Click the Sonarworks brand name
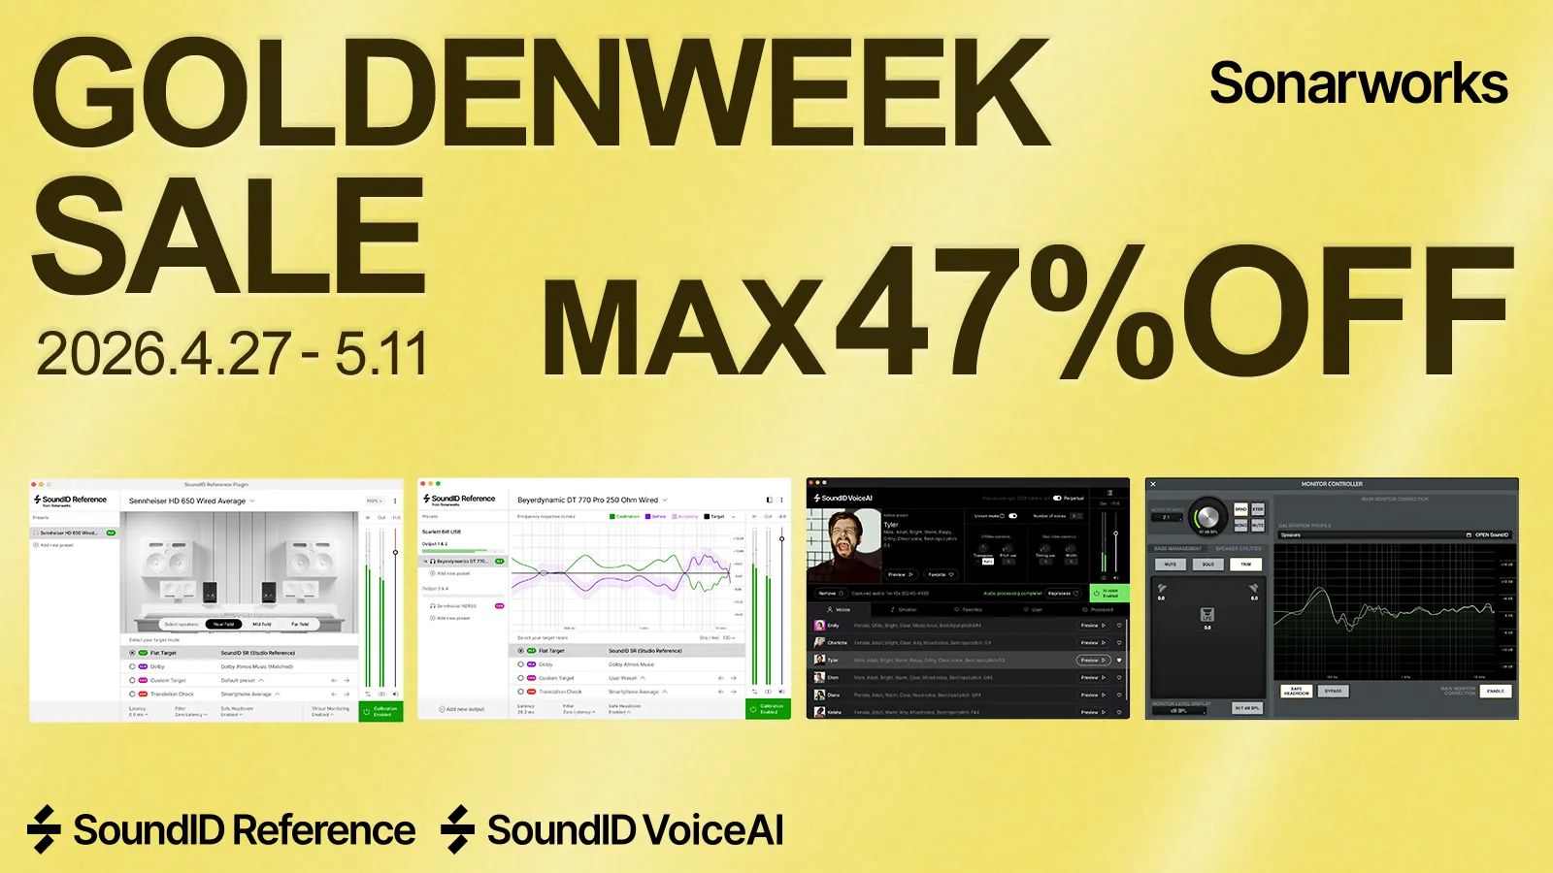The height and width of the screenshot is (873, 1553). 1358,84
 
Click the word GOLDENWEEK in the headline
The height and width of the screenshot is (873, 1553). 541,95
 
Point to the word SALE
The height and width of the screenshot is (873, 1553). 229,238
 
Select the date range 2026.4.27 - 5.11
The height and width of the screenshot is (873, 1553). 232,354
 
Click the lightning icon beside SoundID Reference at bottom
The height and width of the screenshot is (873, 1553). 44,830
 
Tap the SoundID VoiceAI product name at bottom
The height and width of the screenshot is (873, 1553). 635,831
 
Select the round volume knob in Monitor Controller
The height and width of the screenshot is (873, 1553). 1207,516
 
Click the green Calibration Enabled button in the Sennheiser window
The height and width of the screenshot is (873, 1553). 380,711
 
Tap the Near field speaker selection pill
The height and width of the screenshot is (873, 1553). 224,624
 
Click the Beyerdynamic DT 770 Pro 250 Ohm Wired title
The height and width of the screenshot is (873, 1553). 587,501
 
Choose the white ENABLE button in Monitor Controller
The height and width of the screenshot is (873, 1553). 1495,692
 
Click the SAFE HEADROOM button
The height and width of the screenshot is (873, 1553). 1297,692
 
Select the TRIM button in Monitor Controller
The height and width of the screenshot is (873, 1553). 1246,564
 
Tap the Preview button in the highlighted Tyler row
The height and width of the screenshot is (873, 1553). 1092,661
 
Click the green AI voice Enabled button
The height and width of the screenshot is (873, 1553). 1109,593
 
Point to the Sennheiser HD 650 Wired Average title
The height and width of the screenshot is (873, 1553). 187,501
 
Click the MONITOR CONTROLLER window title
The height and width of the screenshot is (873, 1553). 1332,484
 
